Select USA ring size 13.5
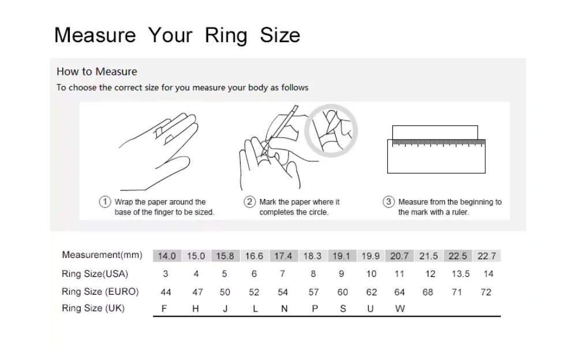[460, 274]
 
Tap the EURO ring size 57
[313, 292]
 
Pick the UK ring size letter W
[400, 309]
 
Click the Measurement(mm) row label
[102, 255]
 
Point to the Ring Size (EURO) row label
[100, 292]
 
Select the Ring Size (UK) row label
[93, 308]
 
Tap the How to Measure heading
[97, 72]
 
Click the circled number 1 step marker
[105, 202]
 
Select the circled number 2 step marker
[249, 202]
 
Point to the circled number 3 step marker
[388, 202]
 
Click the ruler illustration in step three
[436, 156]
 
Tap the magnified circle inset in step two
[331, 107]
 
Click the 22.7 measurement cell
[487, 256]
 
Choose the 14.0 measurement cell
[167, 256]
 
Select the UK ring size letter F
[164, 309]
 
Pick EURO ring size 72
[486, 292]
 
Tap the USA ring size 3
[166, 274]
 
